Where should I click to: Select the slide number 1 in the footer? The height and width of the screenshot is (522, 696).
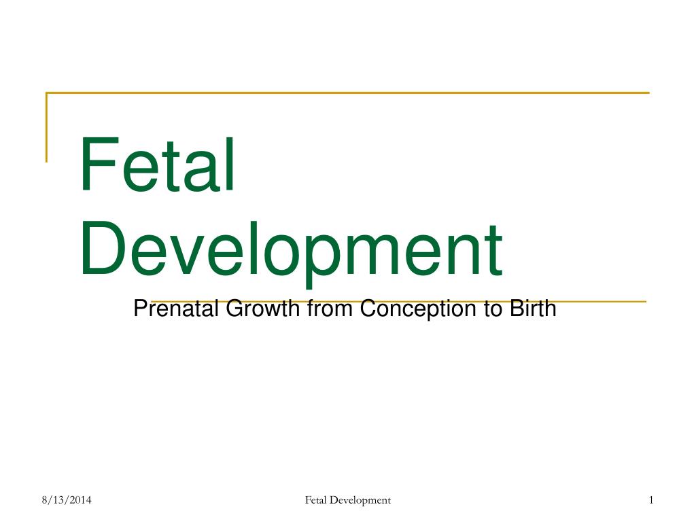(650, 501)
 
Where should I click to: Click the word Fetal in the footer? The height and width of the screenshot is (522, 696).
(315, 501)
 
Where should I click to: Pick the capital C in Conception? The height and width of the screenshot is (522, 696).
(366, 309)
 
